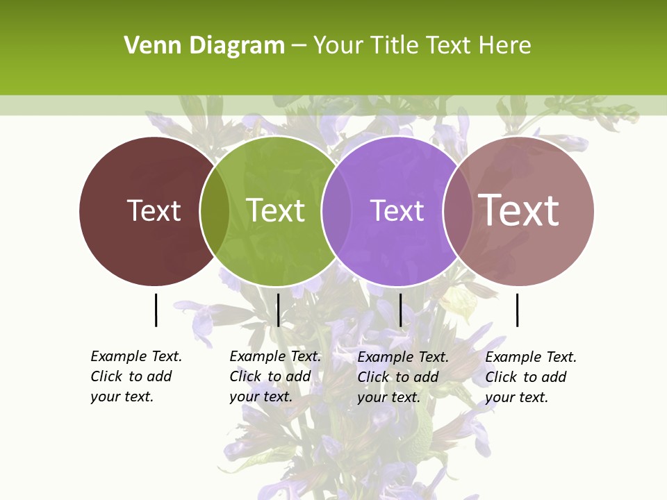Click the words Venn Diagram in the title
tap(204, 46)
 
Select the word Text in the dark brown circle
tap(154, 210)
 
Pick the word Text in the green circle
tap(276, 210)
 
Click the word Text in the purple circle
tap(397, 210)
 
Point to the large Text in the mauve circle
tap(519, 210)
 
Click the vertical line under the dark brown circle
tap(156, 310)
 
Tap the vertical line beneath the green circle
tap(278, 310)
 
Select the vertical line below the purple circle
tap(400, 310)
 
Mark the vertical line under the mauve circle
tap(517, 310)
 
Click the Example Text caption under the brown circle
tap(136, 356)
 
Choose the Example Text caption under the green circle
tap(275, 356)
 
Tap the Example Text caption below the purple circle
tap(403, 357)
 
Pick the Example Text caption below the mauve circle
tap(531, 357)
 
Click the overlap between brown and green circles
tap(215, 211)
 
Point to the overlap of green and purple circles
tap(336, 211)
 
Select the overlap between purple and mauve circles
tap(458, 211)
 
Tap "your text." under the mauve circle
tap(517, 397)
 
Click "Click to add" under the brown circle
tap(131, 376)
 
